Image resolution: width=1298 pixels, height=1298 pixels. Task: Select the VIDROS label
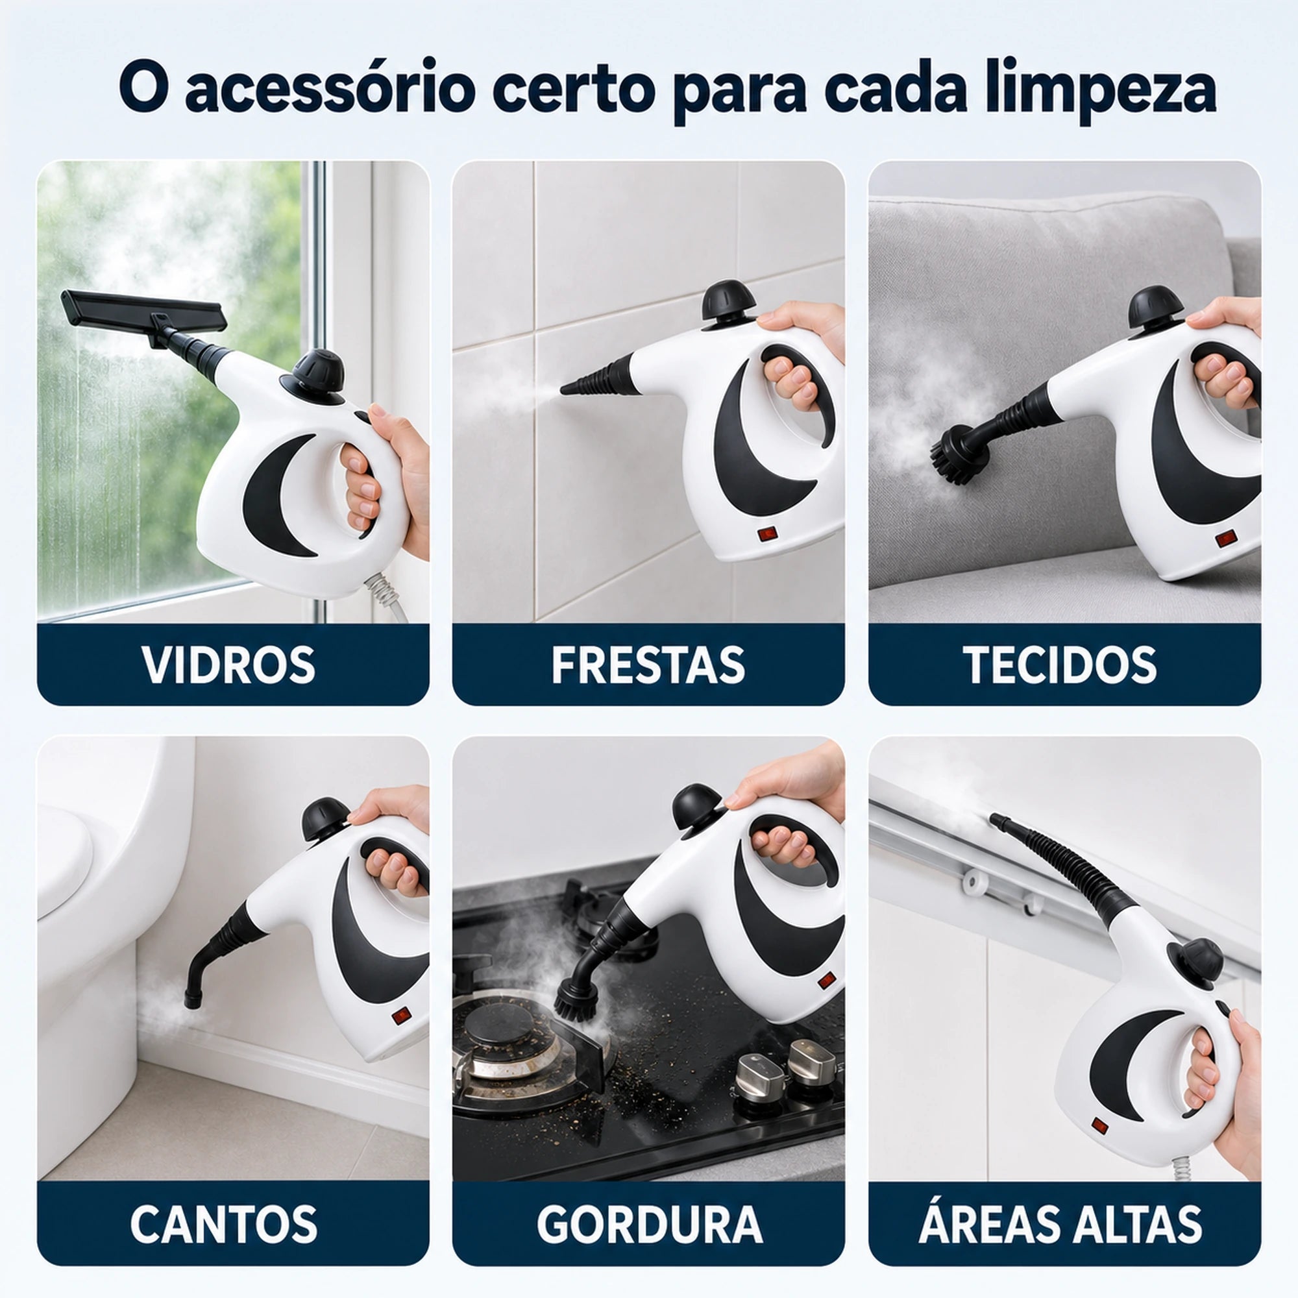coord(229,665)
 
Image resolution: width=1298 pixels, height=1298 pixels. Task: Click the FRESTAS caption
coord(648,665)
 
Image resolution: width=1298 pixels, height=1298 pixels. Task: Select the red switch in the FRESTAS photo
coord(768,534)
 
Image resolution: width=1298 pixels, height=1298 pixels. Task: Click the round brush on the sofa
coord(959,454)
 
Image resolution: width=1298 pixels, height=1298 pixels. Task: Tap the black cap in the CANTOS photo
coord(325,819)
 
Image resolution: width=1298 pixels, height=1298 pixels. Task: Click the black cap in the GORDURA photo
coord(698,807)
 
